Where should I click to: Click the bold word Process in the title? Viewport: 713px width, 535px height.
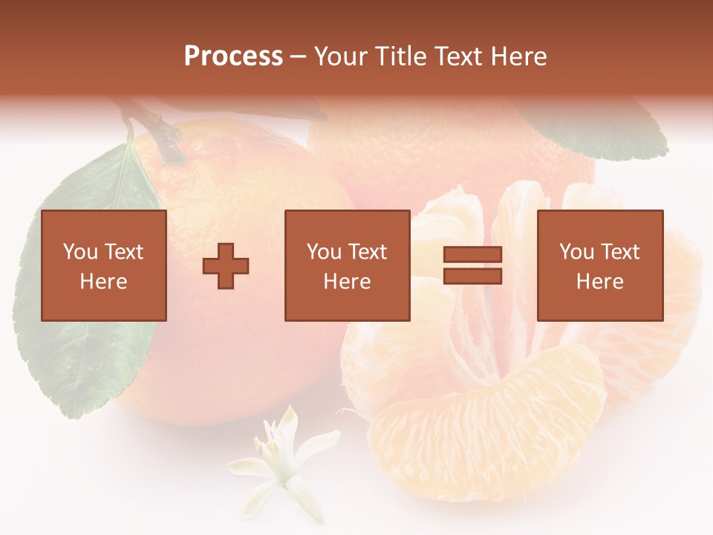pyautogui.click(x=233, y=56)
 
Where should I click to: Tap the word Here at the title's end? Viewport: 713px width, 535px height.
pyautogui.click(x=517, y=56)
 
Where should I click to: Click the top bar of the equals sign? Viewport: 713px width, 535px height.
pyautogui.click(x=472, y=255)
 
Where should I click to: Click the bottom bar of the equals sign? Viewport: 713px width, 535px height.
pyautogui.click(x=472, y=276)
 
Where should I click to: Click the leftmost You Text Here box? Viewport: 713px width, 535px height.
pyautogui.click(x=104, y=265)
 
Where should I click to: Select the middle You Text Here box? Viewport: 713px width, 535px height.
pyautogui.click(x=347, y=265)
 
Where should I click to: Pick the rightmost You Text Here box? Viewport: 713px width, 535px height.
pyautogui.click(x=600, y=265)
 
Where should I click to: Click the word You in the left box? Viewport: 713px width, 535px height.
pyautogui.click(x=80, y=251)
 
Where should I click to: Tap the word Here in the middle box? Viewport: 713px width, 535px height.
pyautogui.click(x=347, y=282)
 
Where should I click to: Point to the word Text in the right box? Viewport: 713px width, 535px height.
pyautogui.click(x=619, y=251)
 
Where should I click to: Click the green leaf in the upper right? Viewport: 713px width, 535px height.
pyautogui.click(x=602, y=126)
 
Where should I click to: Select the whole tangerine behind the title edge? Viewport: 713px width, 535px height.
pyautogui.click(x=453, y=156)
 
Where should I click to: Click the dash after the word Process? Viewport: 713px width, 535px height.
pyautogui.click(x=299, y=56)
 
